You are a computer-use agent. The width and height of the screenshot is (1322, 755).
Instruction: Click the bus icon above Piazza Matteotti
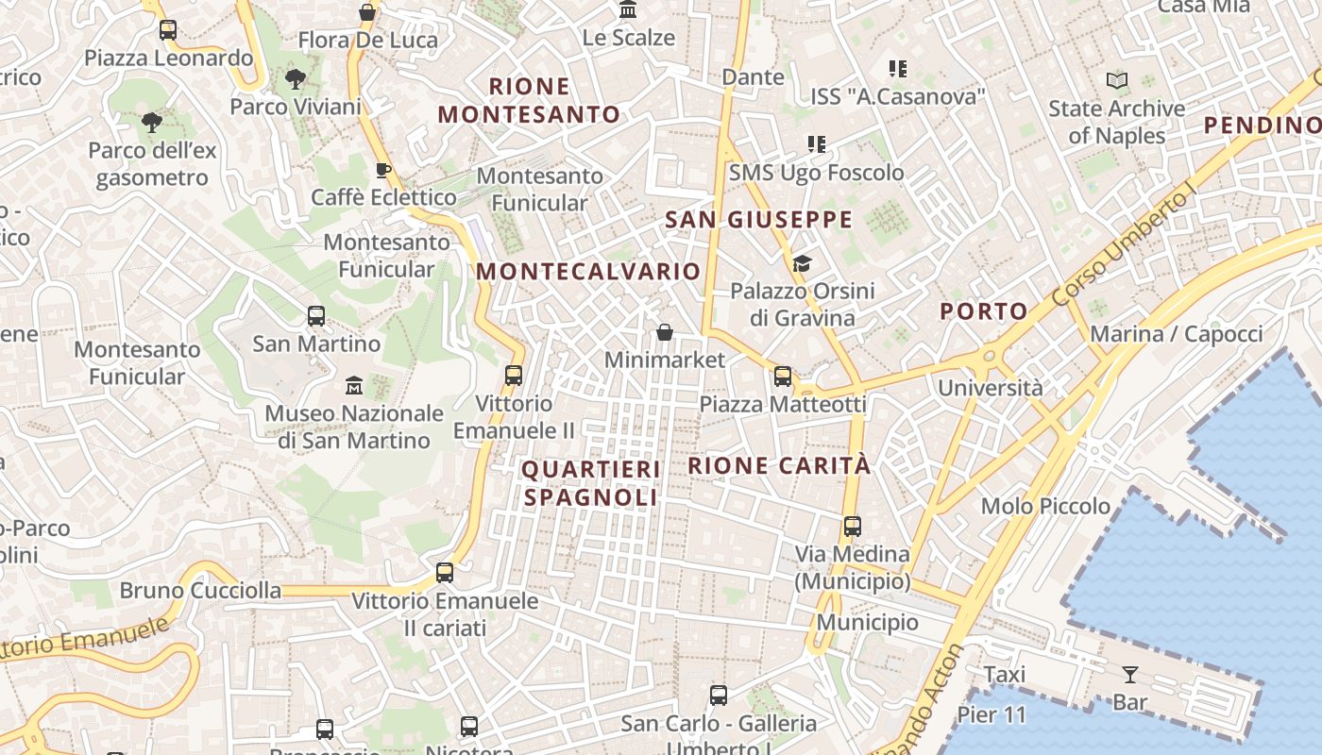782,377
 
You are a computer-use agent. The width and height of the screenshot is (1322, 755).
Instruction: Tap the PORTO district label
984,311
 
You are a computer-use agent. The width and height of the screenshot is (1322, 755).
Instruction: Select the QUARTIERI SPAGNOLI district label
591,482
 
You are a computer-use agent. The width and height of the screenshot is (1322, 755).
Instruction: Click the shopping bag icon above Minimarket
665,332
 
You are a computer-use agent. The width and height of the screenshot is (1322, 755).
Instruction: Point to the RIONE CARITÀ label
779,465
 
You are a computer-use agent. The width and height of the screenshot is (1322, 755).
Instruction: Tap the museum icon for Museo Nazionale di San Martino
354,385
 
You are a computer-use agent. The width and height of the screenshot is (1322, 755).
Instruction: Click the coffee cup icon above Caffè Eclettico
382,170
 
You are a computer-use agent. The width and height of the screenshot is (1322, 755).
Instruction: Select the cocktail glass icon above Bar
1129,674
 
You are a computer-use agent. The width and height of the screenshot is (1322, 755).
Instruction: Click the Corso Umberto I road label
1124,248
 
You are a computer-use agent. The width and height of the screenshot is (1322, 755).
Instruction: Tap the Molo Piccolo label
1045,506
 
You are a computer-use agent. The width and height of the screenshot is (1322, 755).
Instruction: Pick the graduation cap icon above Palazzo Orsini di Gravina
802,263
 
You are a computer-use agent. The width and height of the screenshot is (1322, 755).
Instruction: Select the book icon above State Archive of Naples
1117,81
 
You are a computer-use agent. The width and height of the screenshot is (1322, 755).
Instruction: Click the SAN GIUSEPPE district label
758,220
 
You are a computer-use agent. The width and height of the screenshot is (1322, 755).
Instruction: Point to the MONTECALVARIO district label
588,272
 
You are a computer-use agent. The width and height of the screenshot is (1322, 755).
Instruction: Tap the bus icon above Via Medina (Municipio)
852,526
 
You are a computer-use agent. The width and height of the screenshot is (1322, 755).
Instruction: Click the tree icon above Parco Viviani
296,79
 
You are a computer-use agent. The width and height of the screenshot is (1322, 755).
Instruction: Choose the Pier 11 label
991,714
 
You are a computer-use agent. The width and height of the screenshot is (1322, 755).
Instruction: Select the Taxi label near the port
1004,675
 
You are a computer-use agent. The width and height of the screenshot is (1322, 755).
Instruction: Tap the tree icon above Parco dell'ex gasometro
151,122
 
